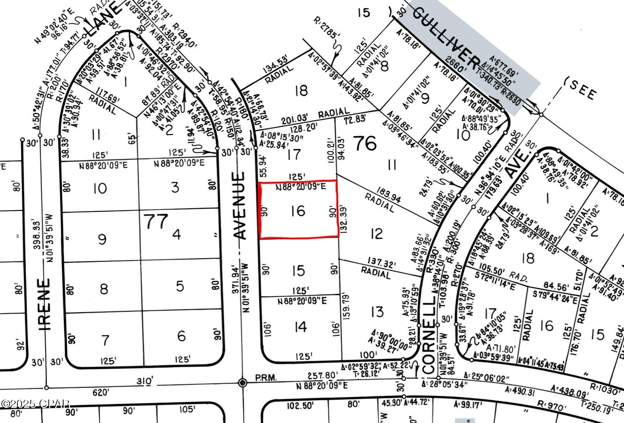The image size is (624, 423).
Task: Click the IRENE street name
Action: [45, 304]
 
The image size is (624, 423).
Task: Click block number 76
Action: [365, 143]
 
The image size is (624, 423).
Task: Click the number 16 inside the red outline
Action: [298, 211]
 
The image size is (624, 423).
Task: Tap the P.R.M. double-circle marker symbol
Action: [242, 383]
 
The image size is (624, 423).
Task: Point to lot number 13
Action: [377, 311]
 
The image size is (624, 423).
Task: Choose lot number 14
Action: [300, 327]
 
